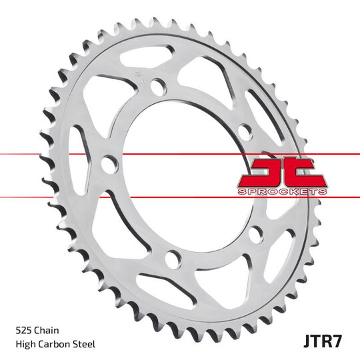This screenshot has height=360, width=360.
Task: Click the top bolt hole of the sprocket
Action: [x=158, y=88]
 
